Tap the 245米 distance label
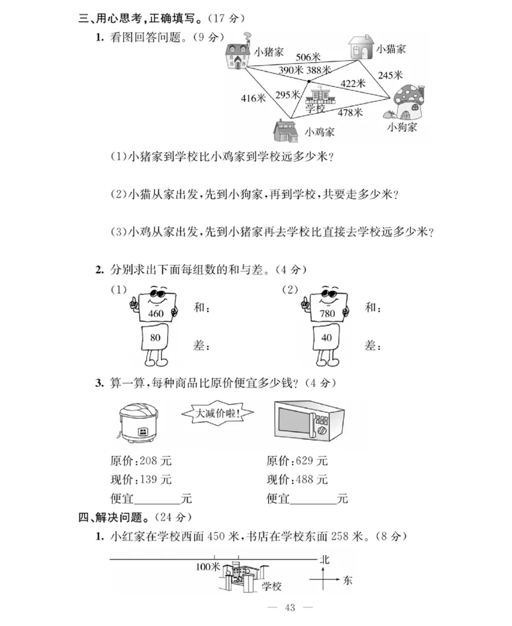point(390,75)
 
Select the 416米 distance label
point(253,98)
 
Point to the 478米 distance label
point(350,113)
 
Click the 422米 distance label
point(353,83)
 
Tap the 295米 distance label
point(287,95)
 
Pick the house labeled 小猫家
point(360,49)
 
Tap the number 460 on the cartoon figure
point(156,314)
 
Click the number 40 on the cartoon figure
point(326,338)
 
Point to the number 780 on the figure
point(328,314)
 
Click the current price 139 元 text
point(141,479)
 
